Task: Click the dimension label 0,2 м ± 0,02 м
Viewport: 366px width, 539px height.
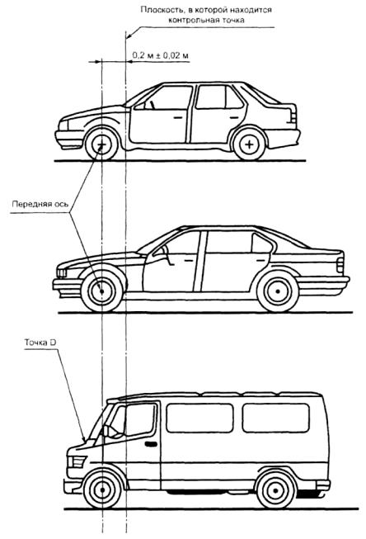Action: [161, 55]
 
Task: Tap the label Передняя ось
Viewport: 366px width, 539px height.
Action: [40, 204]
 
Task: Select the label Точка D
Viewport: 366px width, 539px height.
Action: [40, 343]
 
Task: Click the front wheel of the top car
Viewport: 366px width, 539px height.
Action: [101, 144]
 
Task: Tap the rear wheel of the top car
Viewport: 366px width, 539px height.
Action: [249, 144]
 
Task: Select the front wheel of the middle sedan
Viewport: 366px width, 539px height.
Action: [101, 291]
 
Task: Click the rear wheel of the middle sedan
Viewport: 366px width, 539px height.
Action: [278, 291]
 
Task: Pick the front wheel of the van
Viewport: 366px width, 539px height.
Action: [103, 489]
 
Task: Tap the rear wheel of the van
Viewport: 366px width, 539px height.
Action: [275, 489]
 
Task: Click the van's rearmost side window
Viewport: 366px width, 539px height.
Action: [275, 418]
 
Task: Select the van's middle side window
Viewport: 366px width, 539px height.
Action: [199, 418]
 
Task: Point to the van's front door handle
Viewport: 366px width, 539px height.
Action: [151, 444]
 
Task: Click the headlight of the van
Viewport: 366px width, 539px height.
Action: [77, 461]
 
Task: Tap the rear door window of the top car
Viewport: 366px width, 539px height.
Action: [218, 97]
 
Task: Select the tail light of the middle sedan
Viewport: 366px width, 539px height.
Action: [340, 265]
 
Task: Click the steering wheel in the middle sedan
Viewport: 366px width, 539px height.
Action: [167, 253]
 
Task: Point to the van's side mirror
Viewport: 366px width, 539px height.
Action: [106, 430]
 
